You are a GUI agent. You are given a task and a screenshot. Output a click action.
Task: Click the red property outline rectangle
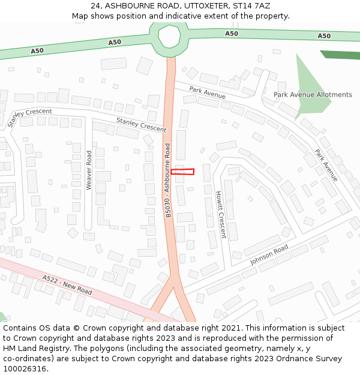[x=182, y=172]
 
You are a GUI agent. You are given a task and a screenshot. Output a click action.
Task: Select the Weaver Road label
[x=89, y=170]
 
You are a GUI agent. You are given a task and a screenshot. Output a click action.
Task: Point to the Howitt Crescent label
[x=220, y=214]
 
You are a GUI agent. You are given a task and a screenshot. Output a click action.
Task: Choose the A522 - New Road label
[x=67, y=284]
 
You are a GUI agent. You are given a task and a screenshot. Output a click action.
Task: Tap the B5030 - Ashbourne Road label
[x=168, y=180]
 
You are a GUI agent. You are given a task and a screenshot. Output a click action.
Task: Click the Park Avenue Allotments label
[x=313, y=95]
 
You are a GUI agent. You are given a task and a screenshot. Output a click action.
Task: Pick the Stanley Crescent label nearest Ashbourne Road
[x=141, y=125]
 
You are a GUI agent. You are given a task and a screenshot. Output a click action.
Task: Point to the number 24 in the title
[x=96, y=6]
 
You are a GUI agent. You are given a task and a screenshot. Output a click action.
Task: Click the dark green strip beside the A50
[x=340, y=55]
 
